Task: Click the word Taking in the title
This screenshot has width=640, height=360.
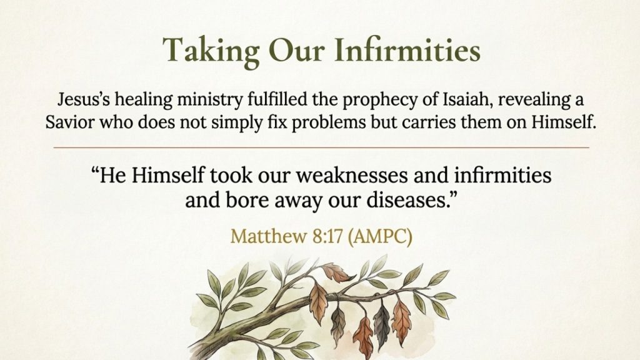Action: point(211,51)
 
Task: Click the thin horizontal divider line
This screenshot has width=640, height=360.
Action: point(321,147)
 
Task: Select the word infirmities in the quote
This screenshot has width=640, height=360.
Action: point(502,175)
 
